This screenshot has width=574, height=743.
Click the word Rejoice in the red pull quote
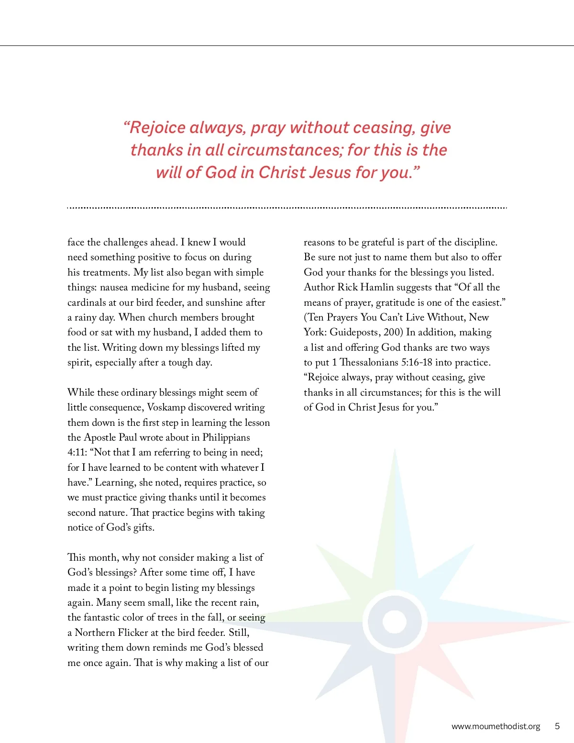point(157,128)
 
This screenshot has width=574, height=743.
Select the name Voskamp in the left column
point(166,408)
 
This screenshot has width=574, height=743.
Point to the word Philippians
point(226,438)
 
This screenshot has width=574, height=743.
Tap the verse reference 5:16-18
point(417,363)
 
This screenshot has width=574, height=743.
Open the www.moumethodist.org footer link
point(496,726)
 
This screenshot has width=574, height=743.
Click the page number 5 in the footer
point(557,726)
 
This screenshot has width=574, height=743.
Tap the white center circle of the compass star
point(395,622)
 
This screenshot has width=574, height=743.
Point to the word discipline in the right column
point(475,243)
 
